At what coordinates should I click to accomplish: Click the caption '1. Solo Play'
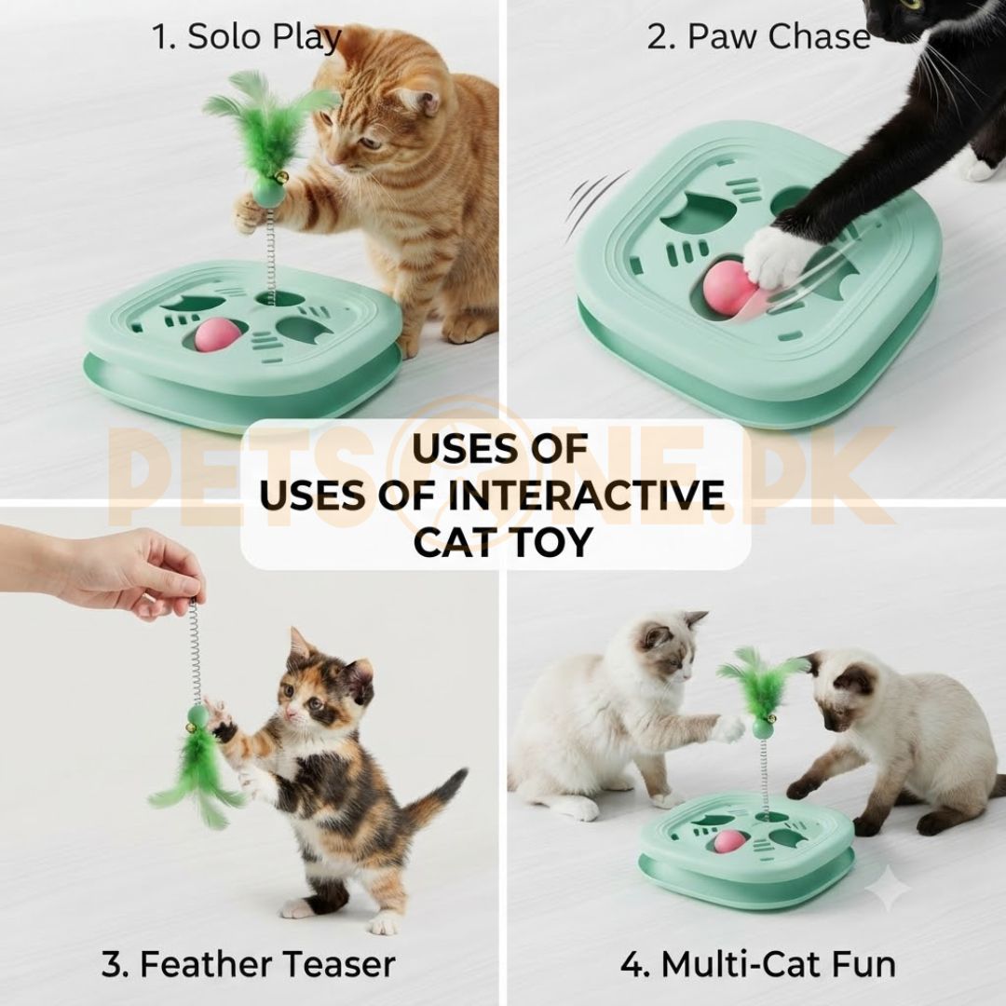[246, 37]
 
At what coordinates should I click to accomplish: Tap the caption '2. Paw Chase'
[758, 36]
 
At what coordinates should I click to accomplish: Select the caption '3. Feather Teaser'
[249, 964]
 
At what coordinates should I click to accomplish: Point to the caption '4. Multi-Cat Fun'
[757, 964]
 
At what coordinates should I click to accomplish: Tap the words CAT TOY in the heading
[502, 542]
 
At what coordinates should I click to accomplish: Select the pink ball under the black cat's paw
[728, 288]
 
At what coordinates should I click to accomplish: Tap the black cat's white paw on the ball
[776, 257]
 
